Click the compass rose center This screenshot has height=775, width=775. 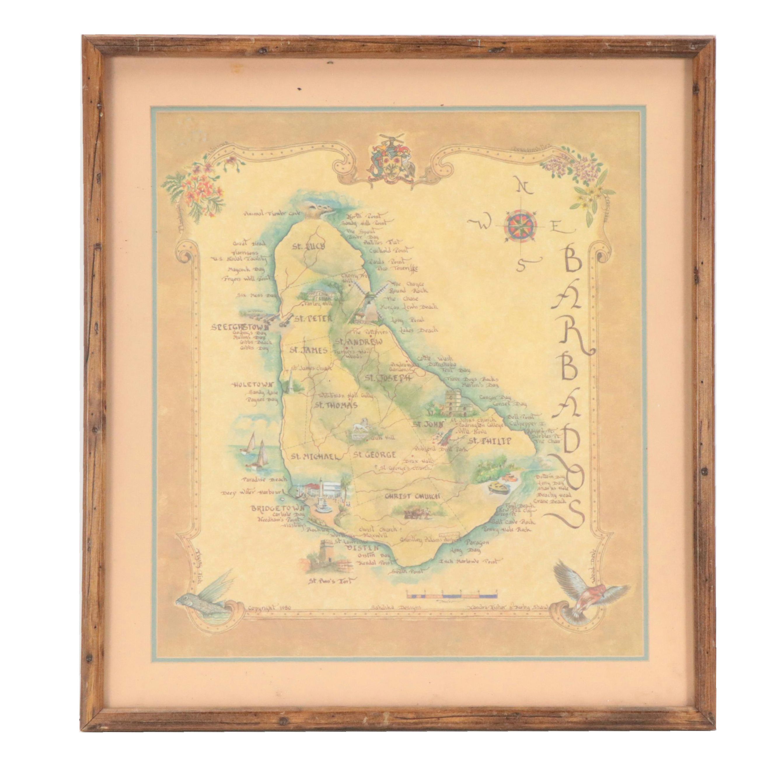pos(521,226)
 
